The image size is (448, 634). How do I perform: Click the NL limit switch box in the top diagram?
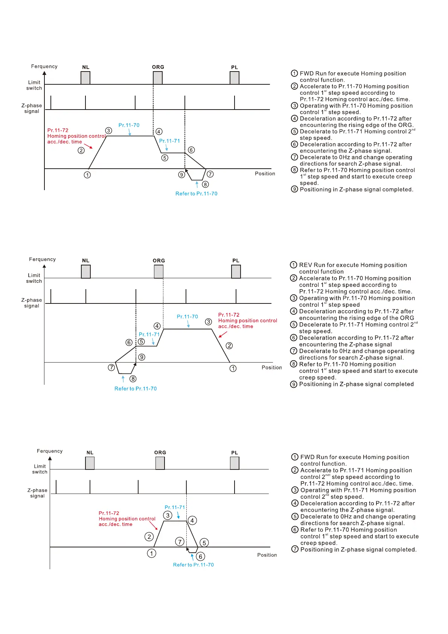click(85, 78)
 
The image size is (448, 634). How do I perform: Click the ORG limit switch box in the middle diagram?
click(159, 271)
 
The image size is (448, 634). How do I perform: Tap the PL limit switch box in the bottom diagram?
click(235, 463)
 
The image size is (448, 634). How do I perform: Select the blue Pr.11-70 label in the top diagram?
click(129, 125)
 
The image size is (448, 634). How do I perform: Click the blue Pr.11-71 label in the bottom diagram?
click(175, 508)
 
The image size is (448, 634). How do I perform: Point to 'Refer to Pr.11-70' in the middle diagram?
click(136, 389)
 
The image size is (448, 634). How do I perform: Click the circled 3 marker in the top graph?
click(109, 131)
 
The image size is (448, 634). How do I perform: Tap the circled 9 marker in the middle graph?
click(142, 357)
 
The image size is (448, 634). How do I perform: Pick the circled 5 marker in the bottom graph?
click(204, 543)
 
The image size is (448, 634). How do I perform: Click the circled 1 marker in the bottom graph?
click(151, 553)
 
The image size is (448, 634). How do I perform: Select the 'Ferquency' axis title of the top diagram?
click(44, 66)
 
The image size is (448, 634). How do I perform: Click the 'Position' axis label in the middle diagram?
click(271, 367)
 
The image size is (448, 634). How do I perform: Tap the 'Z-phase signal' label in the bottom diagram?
click(37, 493)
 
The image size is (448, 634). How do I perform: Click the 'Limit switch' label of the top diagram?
click(34, 85)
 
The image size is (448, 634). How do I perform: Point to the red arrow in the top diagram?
click(88, 146)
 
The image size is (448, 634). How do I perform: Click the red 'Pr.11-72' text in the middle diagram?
click(229, 315)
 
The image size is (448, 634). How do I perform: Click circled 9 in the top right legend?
click(294, 189)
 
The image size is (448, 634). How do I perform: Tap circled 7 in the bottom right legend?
click(295, 549)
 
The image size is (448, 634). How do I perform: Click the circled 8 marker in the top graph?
click(205, 184)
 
